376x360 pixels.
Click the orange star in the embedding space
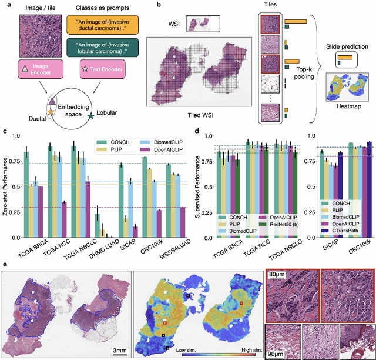coord(51,110)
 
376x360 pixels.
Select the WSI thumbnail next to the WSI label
coord(200,24)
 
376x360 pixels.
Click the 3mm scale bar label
coord(122,350)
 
